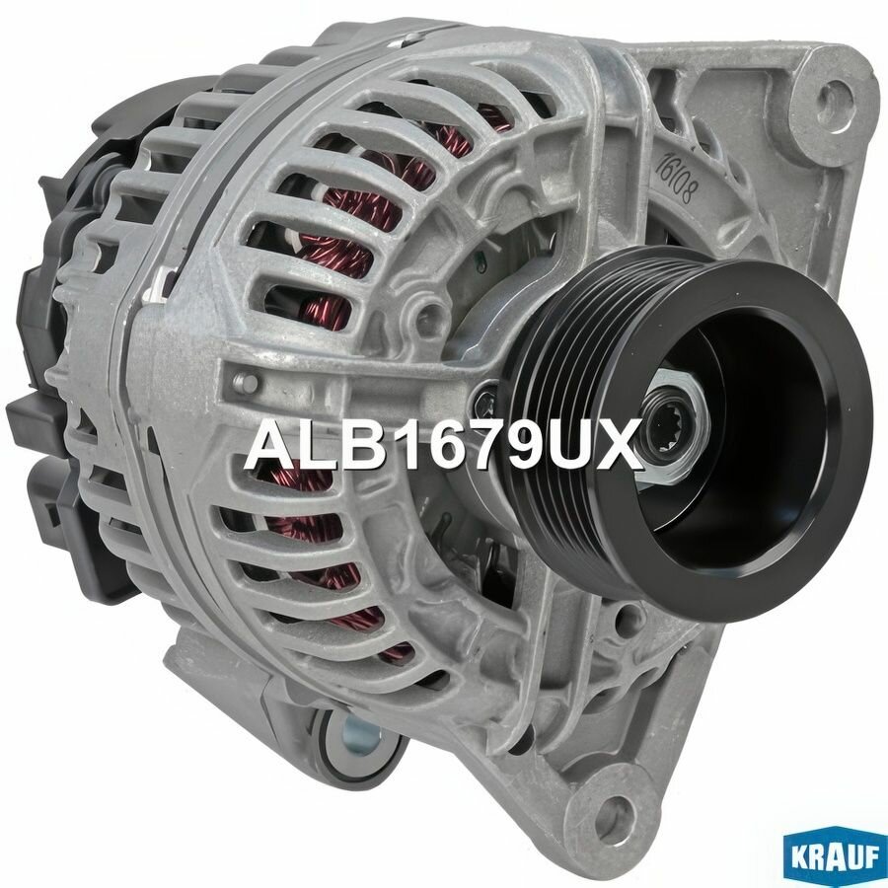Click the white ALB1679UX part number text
tap(443, 446)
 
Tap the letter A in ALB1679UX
tap(268, 446)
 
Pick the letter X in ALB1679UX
tap(619, 446)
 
